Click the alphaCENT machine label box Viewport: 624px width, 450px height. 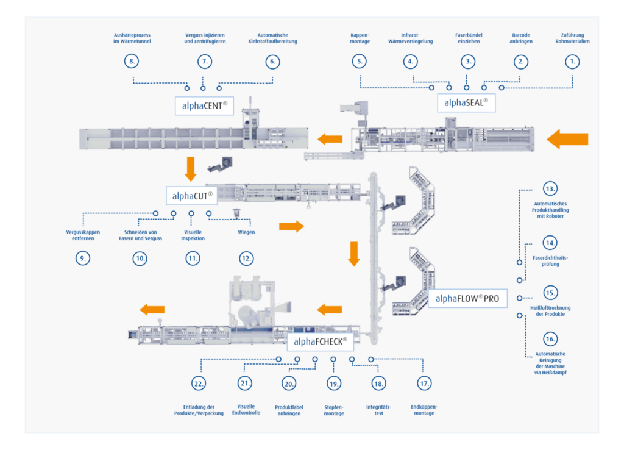coord(205,105)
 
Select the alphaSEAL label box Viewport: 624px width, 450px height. coord(466,102)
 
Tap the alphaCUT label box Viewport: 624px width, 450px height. coord(191,195)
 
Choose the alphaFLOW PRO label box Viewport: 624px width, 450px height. coord(468,299)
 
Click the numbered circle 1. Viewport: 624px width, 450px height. coord(572,62)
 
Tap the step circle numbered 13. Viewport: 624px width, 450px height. coord(550,188)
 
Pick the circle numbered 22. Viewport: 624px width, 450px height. coord(199,384)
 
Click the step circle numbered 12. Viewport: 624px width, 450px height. coord(246,259)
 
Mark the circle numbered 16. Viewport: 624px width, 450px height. coord(550,338)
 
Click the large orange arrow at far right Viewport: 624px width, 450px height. coord(567,140)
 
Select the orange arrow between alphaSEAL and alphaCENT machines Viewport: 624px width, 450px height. coord(330,139)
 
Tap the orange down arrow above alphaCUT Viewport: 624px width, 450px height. coord(191,169)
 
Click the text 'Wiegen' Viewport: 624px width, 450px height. coord(246,232)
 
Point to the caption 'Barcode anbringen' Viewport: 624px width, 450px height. coord(520,38)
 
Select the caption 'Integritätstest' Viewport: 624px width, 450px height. coord(378,410)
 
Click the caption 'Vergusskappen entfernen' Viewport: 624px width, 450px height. coord(83,235)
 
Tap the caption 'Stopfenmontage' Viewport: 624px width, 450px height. coord(333,410)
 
